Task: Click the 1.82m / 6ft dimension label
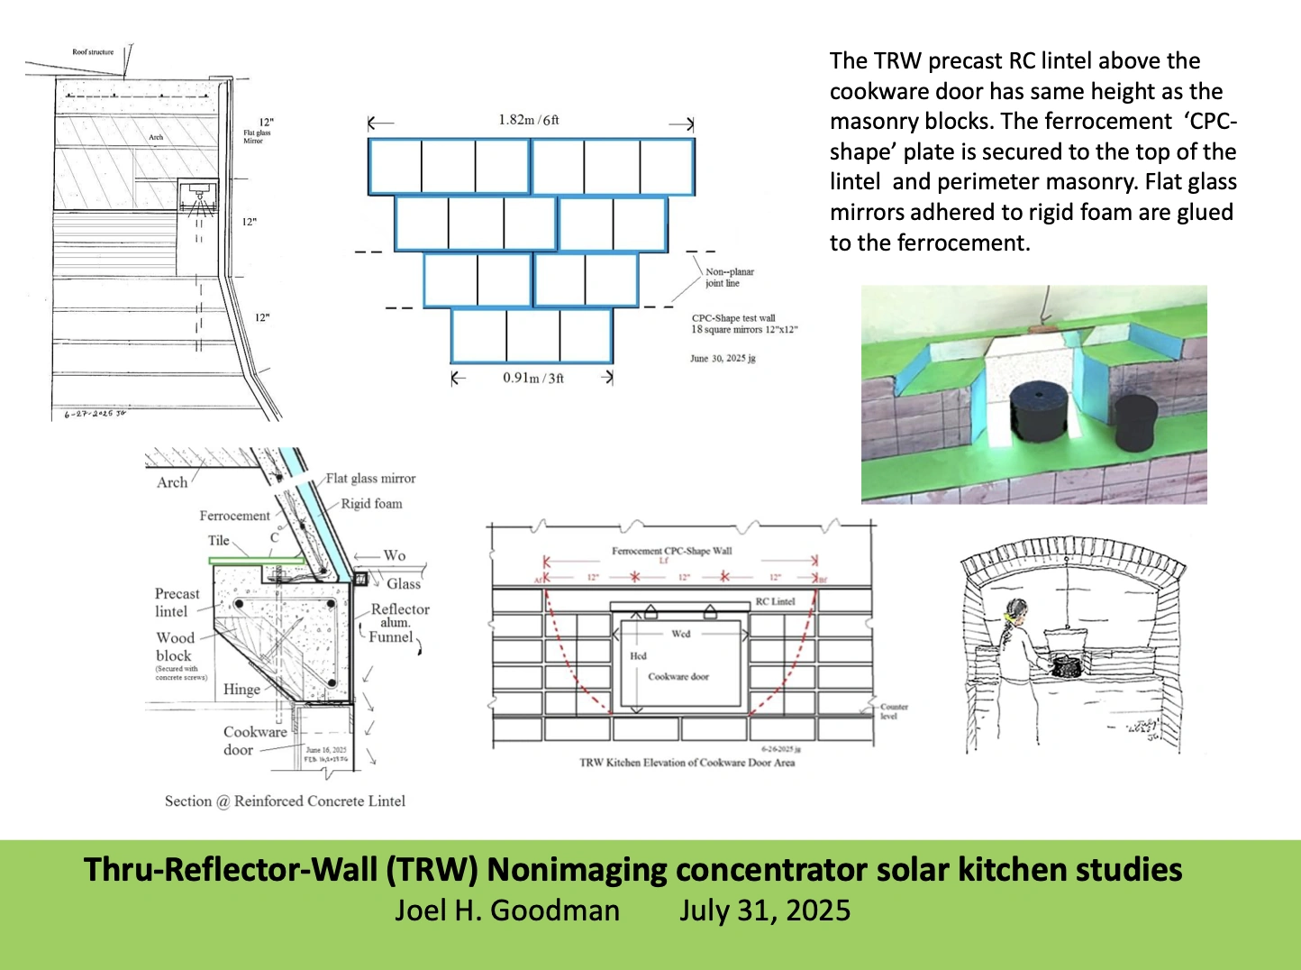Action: (529, 120)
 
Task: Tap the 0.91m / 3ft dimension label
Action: (533, 378)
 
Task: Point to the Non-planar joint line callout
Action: (729, 277)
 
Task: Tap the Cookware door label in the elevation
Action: (678, 676)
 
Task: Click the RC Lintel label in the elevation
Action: (775, 601)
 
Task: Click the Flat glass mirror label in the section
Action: (370, 479)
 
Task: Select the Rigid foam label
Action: (371, 504)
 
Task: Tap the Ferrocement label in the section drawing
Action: (234, 516)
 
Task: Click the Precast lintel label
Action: (177, 602)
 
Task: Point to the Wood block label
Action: (175, 646)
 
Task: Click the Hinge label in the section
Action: (241, 690)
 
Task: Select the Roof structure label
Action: (93, 52)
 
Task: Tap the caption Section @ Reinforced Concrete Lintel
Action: (285, 801)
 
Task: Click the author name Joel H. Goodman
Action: (507, 911)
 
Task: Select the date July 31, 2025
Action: (765, 911)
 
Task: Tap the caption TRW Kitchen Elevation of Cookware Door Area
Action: (687, 763)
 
